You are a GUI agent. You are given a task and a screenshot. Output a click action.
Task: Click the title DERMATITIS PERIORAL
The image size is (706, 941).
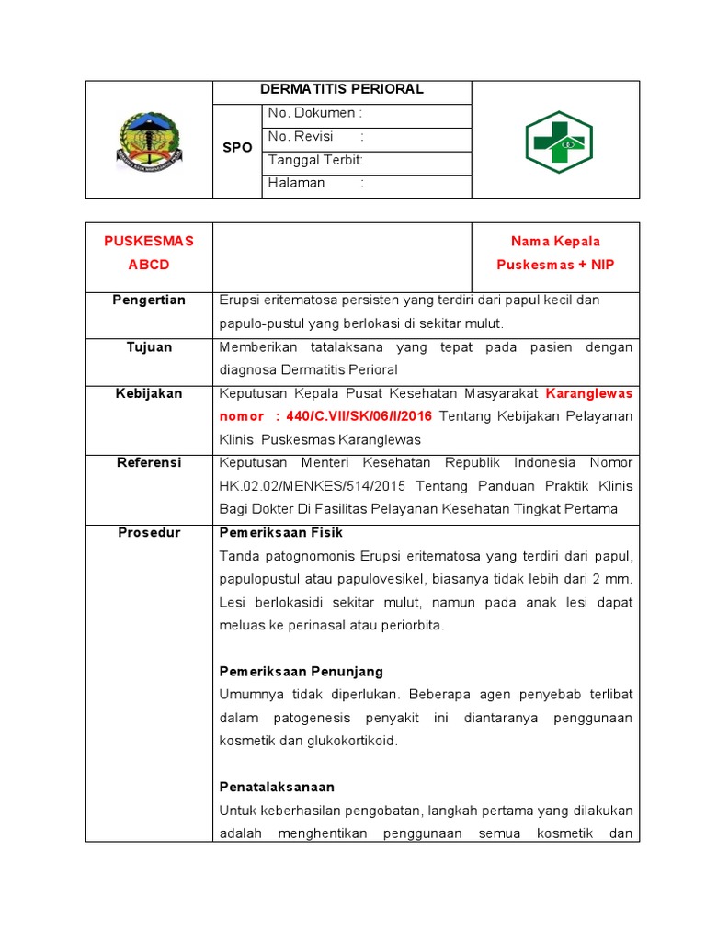[341, 90]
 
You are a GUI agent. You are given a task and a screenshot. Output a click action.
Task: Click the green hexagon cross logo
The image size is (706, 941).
[559, 142]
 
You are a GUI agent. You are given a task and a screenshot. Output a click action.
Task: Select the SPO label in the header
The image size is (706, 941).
[237, 148]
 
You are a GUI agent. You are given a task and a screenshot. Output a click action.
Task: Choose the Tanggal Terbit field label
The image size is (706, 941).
[315, 160]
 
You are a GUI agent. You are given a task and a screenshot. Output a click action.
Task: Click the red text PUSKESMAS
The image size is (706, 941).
[149, 242]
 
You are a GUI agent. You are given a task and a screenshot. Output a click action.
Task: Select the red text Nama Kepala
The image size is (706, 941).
[555, 242]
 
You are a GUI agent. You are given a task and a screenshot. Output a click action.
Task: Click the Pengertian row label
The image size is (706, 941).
[149, 300]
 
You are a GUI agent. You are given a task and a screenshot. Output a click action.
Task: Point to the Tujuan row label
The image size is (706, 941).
[149, 347]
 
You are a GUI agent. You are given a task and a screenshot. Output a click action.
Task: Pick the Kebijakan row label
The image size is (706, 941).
[149, 394]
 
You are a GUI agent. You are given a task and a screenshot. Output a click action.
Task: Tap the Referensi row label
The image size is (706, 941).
[149, 463]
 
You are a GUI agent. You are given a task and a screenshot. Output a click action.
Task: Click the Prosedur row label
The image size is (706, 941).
[149, 533]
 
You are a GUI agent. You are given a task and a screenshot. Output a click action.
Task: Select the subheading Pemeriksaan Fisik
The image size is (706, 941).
[280, 533]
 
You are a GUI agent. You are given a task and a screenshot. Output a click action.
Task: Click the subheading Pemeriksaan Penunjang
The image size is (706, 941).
[301, 672]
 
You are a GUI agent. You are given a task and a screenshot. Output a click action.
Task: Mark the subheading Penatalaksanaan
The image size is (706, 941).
[277, 788]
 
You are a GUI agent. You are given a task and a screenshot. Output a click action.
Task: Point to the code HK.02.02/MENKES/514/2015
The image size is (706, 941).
[312, 486]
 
